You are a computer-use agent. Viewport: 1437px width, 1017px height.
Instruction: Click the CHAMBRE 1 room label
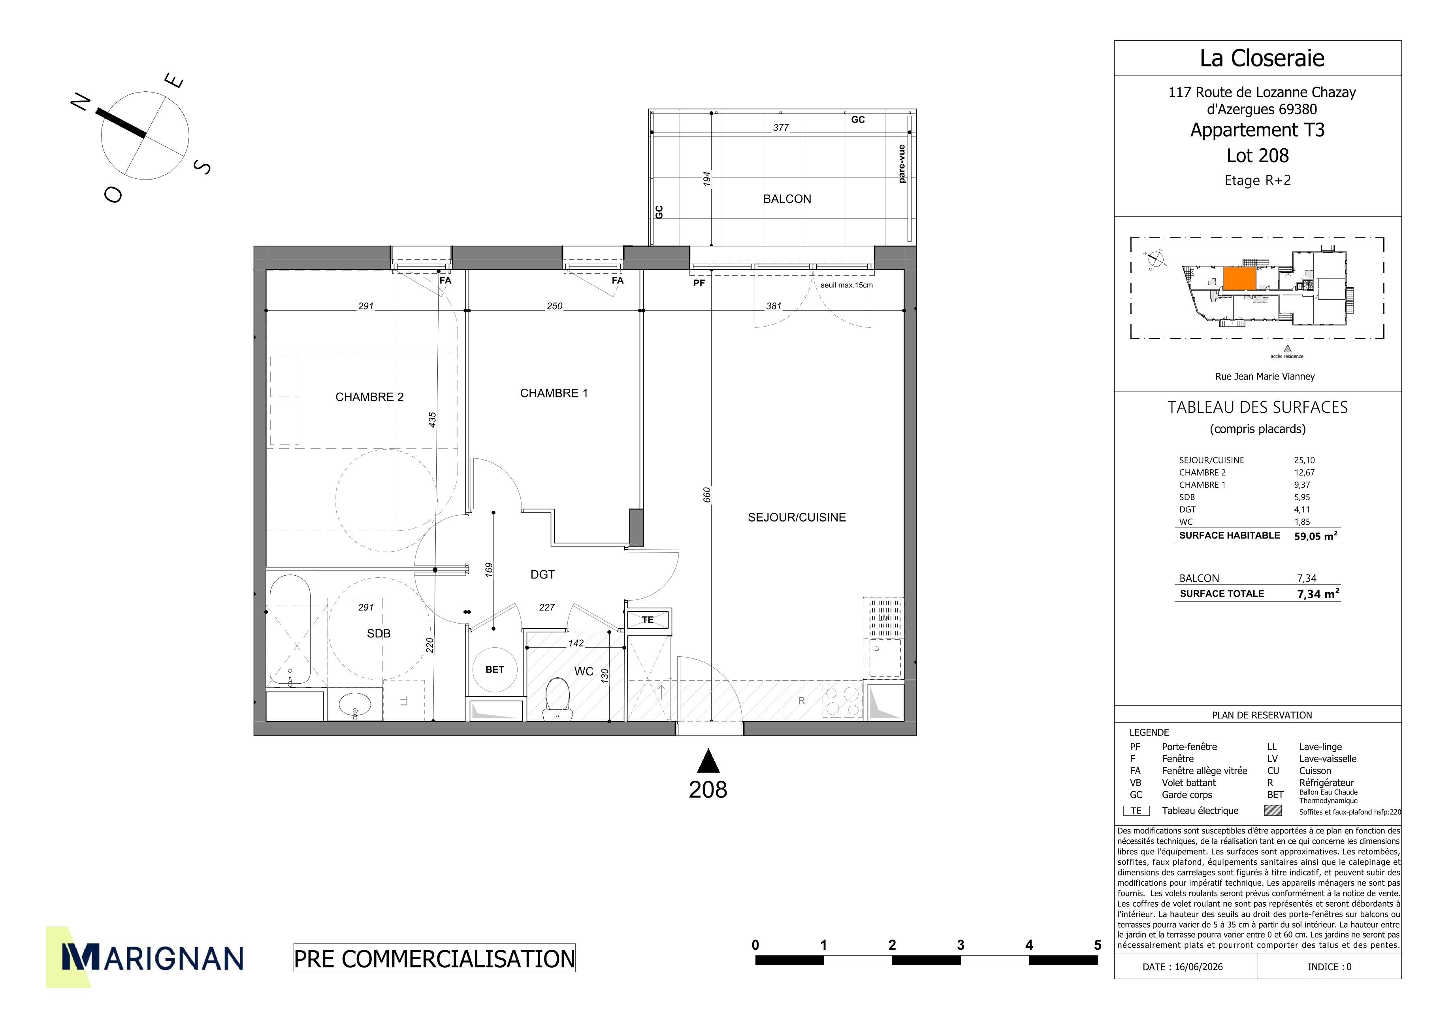[x=554, y=393]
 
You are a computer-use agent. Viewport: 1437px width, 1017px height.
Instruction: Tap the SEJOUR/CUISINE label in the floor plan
[x=797, y=517]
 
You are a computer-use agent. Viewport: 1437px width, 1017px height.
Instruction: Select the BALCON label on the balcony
[x=787, y=199]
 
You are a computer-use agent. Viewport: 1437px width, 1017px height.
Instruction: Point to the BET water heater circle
[x=494, y=669]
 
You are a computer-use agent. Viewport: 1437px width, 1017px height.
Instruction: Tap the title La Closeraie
[x=1262, y=58]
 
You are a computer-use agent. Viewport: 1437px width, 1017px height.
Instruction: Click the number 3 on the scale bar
[x=960, y=945]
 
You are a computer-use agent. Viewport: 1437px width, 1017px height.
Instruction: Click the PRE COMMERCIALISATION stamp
[x=434, y=959]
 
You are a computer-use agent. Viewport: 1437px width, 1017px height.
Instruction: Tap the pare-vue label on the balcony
[x=901, y=164]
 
